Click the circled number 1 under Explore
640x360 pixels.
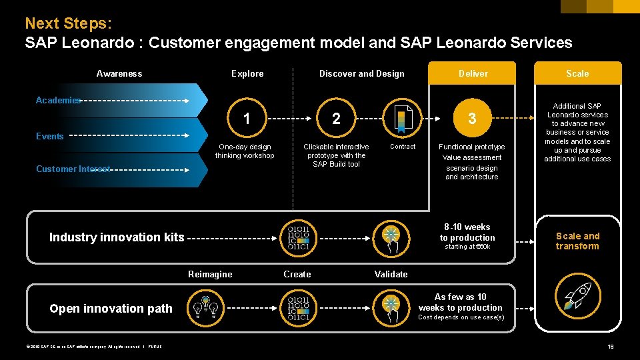pyautogui.click(x=247, y=119)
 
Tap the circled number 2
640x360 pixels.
pyautogui.click(x=336, y=119)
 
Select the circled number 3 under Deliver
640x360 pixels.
pyautogui.click(x=472, y=119)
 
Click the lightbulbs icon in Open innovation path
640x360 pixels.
pyautogui.click(x=205, y=307)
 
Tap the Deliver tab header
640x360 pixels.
pyautogui.click(x=473, y=73)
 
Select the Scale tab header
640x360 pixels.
pyautogui.click(x=577, y=73)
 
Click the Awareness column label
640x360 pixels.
pyautogui.click(x=119, y=73)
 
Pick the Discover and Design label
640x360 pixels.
pyautogui.click(x=361, y=73)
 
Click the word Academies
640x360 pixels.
pyautogui.click(x=58, y=100)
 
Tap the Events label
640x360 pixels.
pyautogui.click(x=50, y=136)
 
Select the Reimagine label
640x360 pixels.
pyautogui.click(x=210, y=274)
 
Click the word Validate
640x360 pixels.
pyautogui.click(x=391, y=274)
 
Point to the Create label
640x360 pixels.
pyautogui.click(x=297, y=274)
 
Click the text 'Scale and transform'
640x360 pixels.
pyautogui.click(x=577, y=241)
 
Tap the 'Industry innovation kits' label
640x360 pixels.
pyautogui.click(x=117, y=237)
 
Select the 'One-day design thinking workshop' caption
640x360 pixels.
pyautogui.click(x=245, y=151)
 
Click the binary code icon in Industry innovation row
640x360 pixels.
pyautogui.click(x=298, y=237)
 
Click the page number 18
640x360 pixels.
pyautogui.click(x=611, y=346)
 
